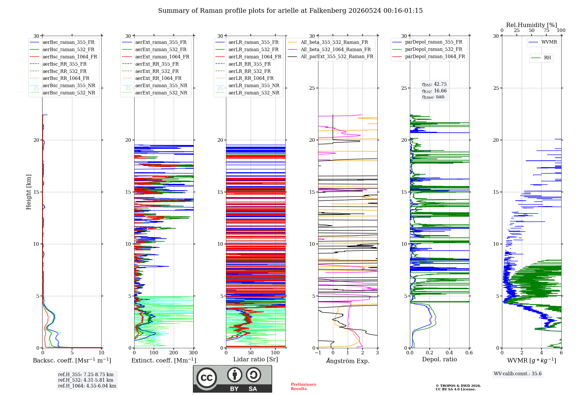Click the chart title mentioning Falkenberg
(x=290, y=11)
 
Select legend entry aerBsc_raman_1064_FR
(x=63, y=57)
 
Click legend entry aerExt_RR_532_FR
(x=150, y=71)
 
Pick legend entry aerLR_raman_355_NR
(x=247, y=86)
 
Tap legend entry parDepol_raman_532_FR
(x=427, y=49)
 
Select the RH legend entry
(x=541, y=58)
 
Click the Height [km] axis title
(x=28, y=192)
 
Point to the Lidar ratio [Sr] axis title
(x=256, y=360)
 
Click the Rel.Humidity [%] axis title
(x=532, y=25)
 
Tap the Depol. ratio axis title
(x=440, y=360)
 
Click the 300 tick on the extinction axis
(x=193, y=353)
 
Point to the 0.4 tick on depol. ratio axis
(x=449, y=353)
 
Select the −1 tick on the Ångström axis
(x=318, y=353)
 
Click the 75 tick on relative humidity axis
(x=546, y=30)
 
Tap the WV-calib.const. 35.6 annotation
(x=518, y=374)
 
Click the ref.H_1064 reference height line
(x=87, y=386)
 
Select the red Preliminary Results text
(x=304, y=387)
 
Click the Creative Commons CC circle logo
(x=207, y=378)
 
